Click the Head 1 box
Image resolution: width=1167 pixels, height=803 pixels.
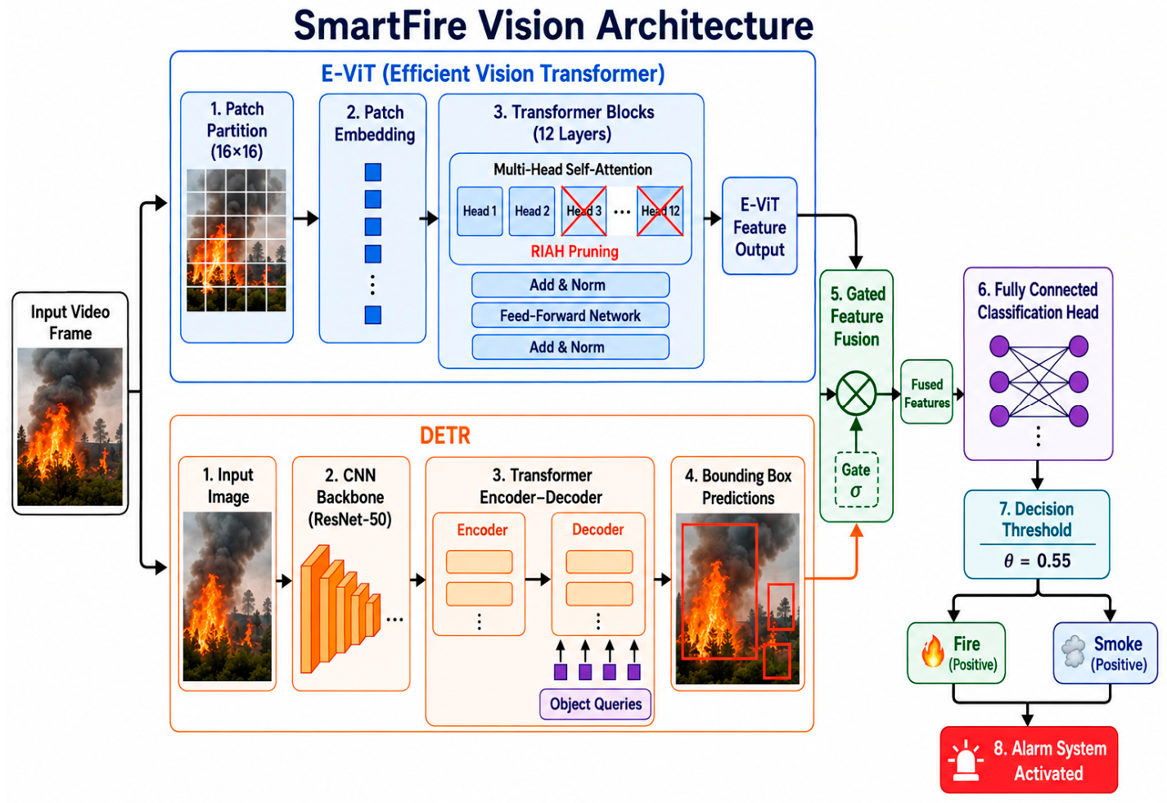(x=480, y=211)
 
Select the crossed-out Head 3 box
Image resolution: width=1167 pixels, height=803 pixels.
(x=583, y=211)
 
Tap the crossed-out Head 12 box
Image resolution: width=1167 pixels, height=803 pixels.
(x=660, y=211)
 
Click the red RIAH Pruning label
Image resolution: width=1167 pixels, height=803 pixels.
(x=574, y=251)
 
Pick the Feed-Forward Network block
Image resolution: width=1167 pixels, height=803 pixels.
(x=570, y=315)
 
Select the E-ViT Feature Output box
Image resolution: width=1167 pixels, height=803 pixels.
(x=759, y=226)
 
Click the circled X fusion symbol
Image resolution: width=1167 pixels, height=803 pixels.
(x=856, y=394)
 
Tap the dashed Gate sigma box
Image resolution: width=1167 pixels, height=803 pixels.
(x=857, y=480)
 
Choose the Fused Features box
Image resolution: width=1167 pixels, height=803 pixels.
(x=927, y=392)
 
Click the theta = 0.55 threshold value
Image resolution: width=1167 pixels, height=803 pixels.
(x=1037, y=561)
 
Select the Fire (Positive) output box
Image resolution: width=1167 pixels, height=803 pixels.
(x=956, y=653)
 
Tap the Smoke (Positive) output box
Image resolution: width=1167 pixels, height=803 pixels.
(x=1105, y=653)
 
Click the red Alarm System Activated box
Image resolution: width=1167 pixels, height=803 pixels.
(x=1029, y=760)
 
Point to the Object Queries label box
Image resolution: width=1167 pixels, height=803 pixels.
(x=596, y=704)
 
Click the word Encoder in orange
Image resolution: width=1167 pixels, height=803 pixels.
(x=482, y=530)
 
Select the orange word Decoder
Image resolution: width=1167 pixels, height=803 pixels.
(x=598, y=530)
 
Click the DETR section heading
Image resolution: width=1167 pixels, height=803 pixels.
(x=445, y=435)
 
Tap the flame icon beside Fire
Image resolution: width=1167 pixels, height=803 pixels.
(x=933, y=652)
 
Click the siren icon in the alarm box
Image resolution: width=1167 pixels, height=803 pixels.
(x=966, y=761)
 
